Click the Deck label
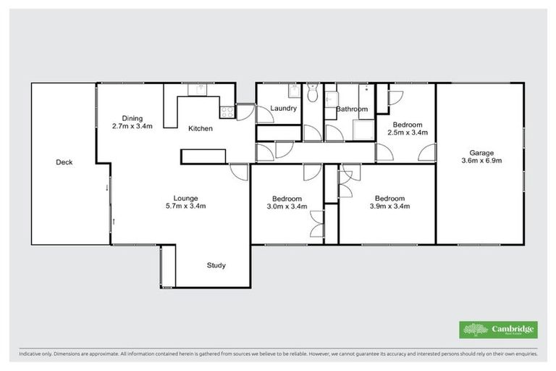tap(64, 162)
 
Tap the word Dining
tap(132, 118)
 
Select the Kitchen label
tap(201, 129)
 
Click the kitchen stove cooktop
tap(227, 112)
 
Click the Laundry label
tap(284, 109)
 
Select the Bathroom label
tap(352, 109)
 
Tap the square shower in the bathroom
tap(361, 130)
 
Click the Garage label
tap(481, 153)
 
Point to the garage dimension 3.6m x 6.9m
tap(481, 162)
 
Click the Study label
tap(216, 265)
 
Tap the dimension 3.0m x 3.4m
tap(287, 207)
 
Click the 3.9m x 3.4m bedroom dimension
tap(389, 207)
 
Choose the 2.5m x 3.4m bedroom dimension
tap(408, 133)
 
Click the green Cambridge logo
tap(498, 330)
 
